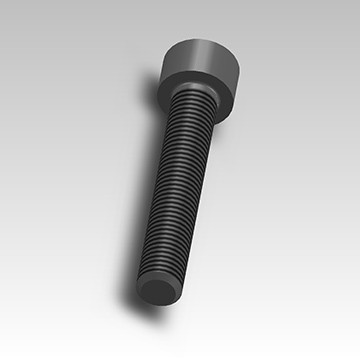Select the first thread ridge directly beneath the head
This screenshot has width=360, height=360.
point(201,103)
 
